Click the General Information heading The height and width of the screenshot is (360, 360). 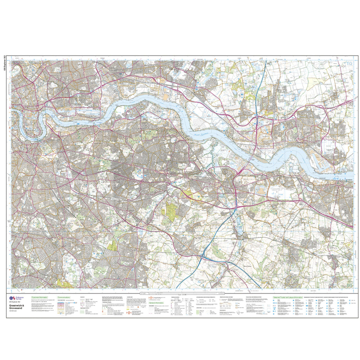(157, 302)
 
